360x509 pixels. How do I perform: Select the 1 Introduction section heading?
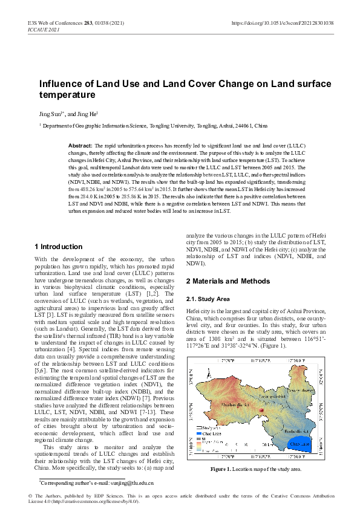59,247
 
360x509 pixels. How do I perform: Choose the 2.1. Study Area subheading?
208,299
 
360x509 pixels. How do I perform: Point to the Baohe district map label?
296,431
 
